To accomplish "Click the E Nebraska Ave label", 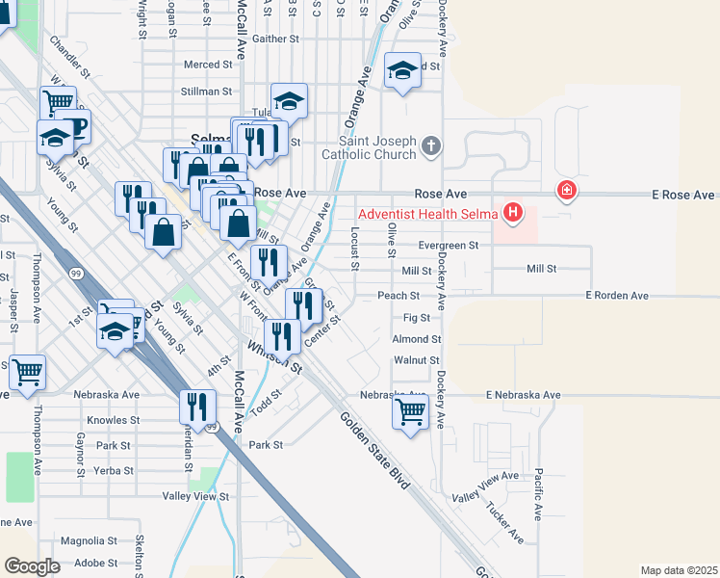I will [x=523, y=395].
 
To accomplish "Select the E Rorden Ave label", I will [x=622, y=295].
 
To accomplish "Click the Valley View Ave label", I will [x=486, y=488].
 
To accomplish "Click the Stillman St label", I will [x=208, y=92].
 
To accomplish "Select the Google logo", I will [x=33, y=566].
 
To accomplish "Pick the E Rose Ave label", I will [x=682, y=195].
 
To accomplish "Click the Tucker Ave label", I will [x=504, y=521].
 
